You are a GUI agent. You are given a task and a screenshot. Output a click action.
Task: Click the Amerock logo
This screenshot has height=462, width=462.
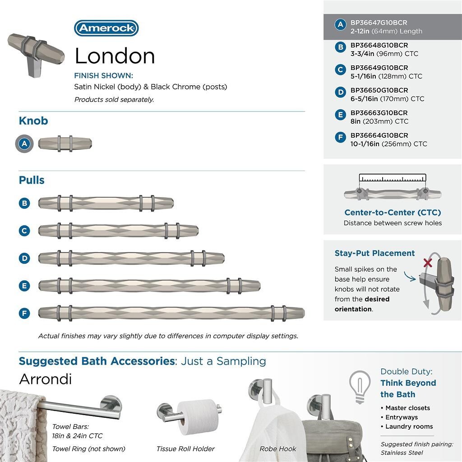tap(106, 28)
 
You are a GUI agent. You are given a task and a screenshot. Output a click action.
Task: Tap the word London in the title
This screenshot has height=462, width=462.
tap(115, 56)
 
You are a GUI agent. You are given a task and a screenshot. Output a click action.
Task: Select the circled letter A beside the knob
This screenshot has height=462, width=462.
tap(25, 144)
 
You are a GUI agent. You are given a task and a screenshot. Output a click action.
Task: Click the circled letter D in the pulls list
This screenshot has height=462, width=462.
tap(24, 258)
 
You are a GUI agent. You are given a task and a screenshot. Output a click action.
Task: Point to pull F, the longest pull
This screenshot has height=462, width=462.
tap(171, 313)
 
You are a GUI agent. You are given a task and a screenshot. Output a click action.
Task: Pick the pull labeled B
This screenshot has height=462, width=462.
tap(106, 203)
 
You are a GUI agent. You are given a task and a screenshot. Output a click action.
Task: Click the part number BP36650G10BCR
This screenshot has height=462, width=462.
tap(379, 90)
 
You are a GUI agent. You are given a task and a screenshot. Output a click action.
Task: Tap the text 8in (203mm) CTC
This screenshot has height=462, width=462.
tap(379, 121)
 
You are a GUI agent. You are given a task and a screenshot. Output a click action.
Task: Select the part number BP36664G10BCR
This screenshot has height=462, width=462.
tap(379, 135)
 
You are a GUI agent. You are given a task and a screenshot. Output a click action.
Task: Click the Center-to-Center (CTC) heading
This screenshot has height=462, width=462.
tap(393, 213)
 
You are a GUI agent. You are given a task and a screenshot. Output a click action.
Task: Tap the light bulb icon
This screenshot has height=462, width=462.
tap(360, 386)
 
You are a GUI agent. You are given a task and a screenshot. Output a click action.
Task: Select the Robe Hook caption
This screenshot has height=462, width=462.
tap(278, 448)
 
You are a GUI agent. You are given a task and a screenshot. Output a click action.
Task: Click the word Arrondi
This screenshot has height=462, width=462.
tap(45, 379)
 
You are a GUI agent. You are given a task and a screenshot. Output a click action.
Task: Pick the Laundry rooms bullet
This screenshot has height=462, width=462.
tap(409, 426)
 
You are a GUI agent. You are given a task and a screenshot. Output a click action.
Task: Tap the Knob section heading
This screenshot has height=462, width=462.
tap(33, 121)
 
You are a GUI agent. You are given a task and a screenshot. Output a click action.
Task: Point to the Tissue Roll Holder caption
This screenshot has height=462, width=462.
tap(185, 448)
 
